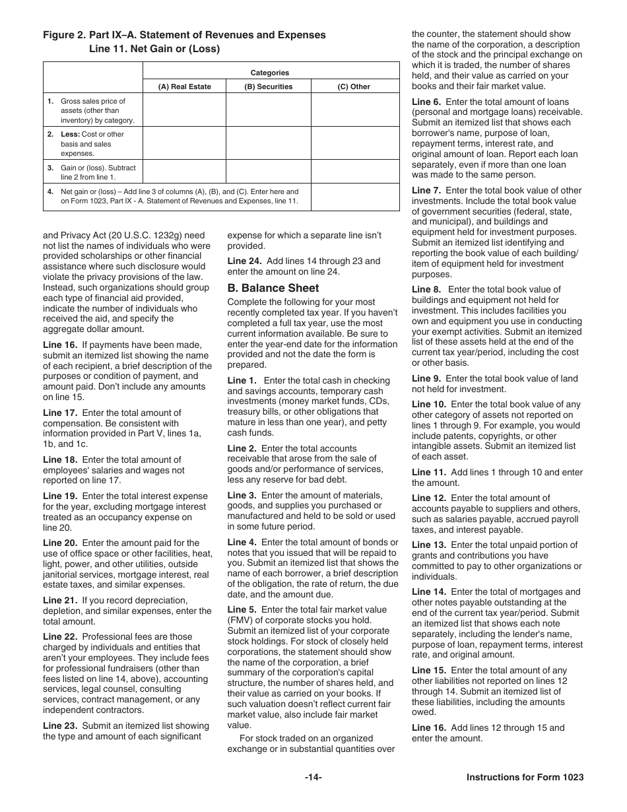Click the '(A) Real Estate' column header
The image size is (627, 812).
[184, 86]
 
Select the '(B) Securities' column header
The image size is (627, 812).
[268, 86]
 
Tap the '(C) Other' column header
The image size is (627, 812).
[354, 86]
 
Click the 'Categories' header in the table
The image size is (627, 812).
[270, 73]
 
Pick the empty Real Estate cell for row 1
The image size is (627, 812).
[184, 110]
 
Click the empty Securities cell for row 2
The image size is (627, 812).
[268, 143]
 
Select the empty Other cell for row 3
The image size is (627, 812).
[354, 172]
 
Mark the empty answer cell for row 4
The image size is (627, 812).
[354, 197]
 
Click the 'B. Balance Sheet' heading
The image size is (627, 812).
[273, 288]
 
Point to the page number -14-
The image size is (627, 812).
[313, 778]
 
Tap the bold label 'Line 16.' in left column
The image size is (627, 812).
[60, 345]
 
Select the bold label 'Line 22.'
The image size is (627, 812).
[60, 637]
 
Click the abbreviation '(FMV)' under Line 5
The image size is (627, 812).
[241, 621]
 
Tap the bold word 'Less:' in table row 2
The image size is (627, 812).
[70, 135]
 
